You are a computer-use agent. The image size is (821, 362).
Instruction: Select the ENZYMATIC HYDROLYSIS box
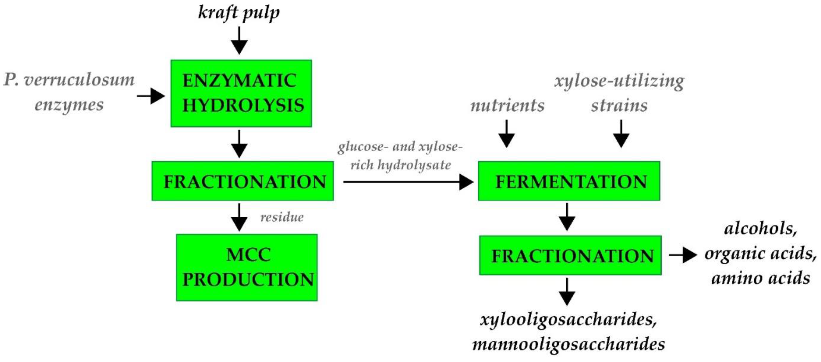tap(241, 93)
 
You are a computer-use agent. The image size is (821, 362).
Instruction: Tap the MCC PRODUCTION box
tap(247, 267)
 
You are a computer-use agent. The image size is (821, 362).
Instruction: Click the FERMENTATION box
tap(569, 181)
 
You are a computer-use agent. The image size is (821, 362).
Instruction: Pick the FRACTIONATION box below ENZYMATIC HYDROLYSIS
tap(243, 181)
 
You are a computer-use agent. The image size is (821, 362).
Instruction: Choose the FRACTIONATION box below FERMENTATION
tap(570, 255)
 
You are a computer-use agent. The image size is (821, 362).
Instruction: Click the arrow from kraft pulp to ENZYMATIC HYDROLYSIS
tap(239, 41)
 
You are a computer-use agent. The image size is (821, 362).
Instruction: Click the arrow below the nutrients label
tap(506, 134)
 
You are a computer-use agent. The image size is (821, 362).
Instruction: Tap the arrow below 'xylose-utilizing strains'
tap(621, 134)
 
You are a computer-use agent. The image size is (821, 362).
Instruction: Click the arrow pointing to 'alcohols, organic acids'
tap(683, 255)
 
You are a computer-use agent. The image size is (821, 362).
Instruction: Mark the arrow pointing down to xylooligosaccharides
tap(567, 292)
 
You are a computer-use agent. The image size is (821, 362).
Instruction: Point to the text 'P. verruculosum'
tap(69, 80)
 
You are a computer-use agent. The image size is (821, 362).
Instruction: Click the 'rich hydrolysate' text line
tap(400, 165)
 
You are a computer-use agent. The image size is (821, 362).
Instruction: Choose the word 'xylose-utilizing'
tap(619, 81)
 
